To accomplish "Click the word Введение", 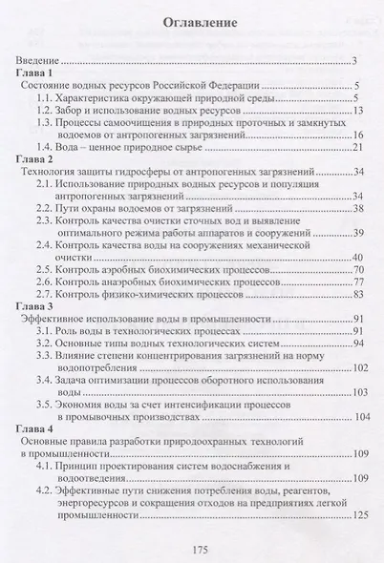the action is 43,62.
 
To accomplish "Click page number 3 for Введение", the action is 353,62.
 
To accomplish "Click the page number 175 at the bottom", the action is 194,546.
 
